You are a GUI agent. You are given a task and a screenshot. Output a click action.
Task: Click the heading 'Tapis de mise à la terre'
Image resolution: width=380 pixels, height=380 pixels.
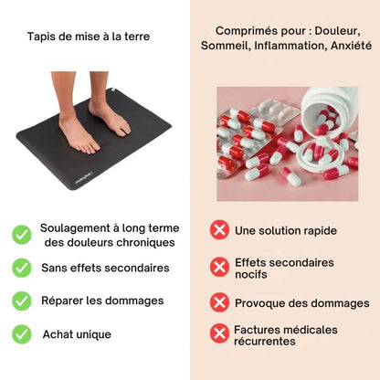(89, 37)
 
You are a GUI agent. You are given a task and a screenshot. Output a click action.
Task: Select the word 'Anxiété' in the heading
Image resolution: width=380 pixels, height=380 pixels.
(351, 46)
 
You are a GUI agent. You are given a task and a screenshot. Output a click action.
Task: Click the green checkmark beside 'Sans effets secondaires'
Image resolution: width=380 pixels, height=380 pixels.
(22, 268)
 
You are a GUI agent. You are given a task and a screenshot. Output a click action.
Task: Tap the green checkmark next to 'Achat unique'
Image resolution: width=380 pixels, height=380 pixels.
(22, 334)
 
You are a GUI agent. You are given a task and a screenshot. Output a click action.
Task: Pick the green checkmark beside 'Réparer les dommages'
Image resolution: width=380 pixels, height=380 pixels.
(22, 301)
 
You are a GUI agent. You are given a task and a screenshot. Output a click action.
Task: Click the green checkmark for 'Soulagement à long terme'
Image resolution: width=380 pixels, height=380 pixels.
(22, 235)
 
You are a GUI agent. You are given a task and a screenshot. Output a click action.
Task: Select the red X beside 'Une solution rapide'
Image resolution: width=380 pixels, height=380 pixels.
(219, 229)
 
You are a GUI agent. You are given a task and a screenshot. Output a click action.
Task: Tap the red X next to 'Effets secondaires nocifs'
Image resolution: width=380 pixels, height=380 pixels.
(219, 267)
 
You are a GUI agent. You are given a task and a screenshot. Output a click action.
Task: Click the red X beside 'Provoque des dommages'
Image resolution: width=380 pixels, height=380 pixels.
(219, 302)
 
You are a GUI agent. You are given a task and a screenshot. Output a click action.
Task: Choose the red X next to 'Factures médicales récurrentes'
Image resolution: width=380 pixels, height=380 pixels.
(219, 333)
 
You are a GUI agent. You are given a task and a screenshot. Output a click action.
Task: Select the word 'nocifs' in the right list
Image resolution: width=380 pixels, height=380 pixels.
(251, 274)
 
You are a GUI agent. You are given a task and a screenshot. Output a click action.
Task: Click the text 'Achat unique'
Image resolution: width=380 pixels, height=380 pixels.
(77, 334)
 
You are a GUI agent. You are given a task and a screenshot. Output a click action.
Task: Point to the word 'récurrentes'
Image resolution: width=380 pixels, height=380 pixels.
(265, 342)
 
